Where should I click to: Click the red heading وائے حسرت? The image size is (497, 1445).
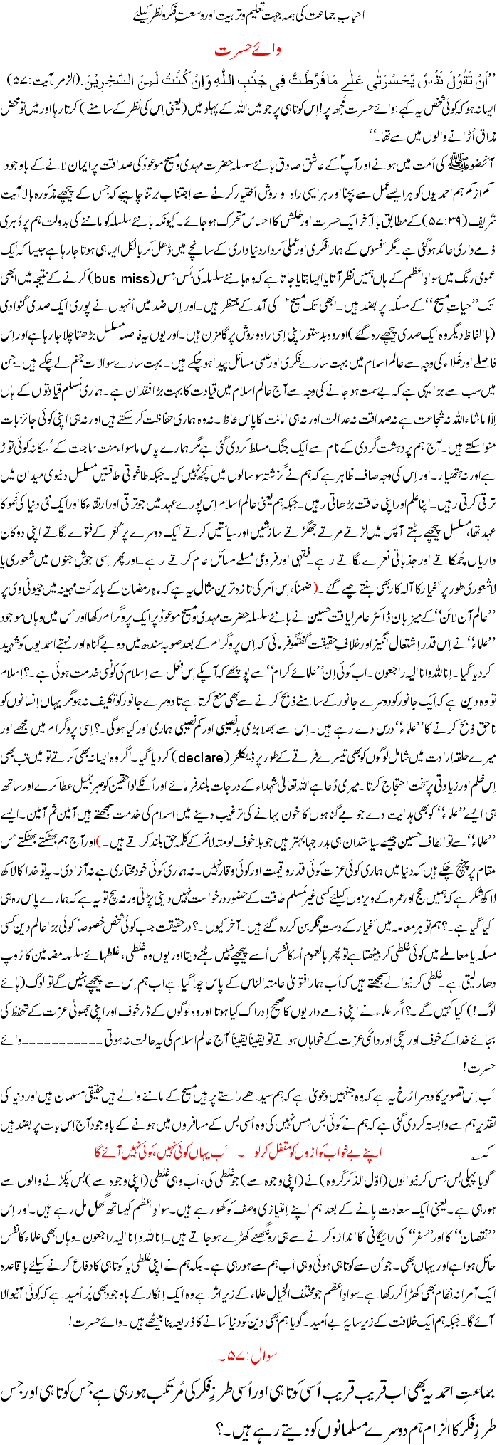248,52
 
